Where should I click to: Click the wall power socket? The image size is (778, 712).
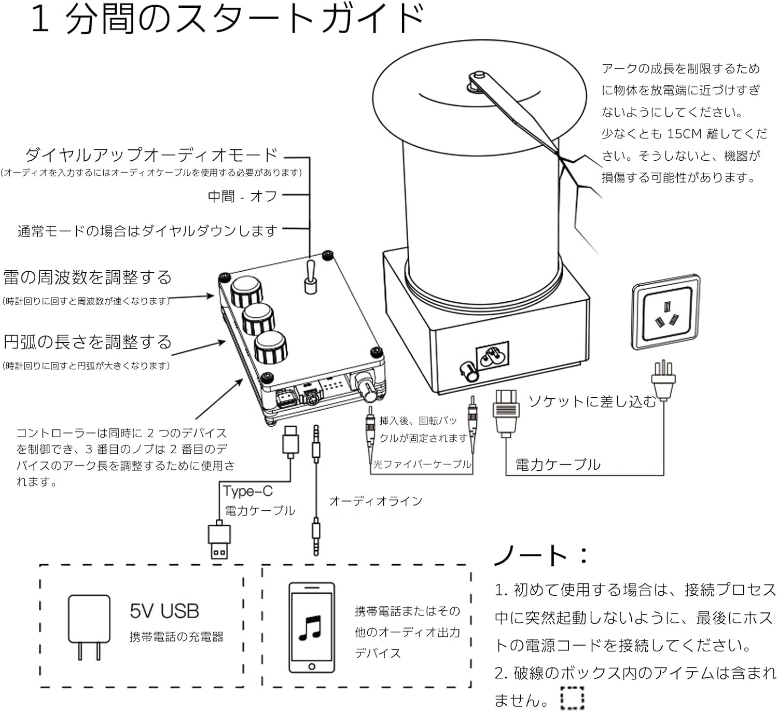pyautogui.click(x=665, y=313)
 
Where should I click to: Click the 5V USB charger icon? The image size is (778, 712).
pyautogui.click(x=89, y=626)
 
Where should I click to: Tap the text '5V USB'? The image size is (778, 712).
pyautogui.click(x=164, y=611)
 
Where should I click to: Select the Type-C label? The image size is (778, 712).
pyautogui.click(x=247, y=491)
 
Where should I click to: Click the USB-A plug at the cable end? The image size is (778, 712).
pyautogui.click(x=219, y=541)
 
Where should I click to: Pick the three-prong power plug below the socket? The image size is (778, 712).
pyautogui.click(x=664, y=382)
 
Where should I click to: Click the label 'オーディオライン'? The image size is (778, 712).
pyautogui.click(x=376, y=501)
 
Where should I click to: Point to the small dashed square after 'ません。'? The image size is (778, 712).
pyautogui.click(x=572, y=698)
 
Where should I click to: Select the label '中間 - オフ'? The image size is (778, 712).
pyautogui.click(x=242, y=197)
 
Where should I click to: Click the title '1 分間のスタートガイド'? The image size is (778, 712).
pyautogui.click(x=227, y=20)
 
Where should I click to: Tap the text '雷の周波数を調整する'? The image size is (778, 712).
pyautogui.click(x=87, y=277)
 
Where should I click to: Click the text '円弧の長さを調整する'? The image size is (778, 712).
pyautogui.click(x=87, y=342)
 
